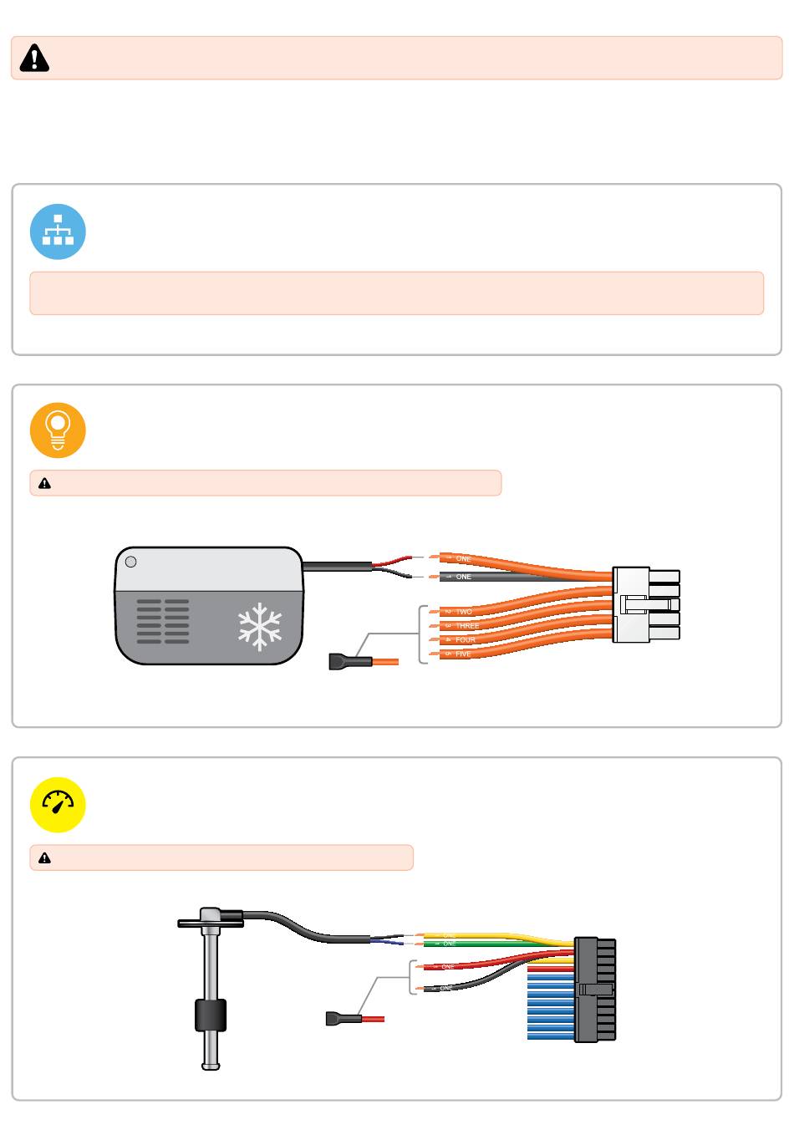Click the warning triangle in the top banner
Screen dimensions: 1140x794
tap(34, 58)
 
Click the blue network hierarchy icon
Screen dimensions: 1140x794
tap(58, 232)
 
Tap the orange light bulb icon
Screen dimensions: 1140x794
tap(58, 430)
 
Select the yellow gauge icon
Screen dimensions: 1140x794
tap(58, 805)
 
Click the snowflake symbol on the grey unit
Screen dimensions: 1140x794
tap(260, 628)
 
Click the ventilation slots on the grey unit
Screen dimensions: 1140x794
tap(163, 621)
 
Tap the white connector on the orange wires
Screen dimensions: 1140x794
tap(645, 604)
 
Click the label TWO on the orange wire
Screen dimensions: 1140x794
tap(464, 612)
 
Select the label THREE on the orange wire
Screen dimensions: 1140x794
tap(467, 626)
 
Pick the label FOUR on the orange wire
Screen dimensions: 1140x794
tap(466, 640)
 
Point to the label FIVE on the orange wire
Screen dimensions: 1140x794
tap(463, 654)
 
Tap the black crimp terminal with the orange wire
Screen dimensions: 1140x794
tap(349, 663)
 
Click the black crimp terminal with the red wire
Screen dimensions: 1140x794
tap(343, 1019)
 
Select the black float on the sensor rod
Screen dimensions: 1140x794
tap(211, 1015)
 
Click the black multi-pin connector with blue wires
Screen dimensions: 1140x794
tap(595, 990)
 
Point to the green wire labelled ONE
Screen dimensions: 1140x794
tap(485, 944)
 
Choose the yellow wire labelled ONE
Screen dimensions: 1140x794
tap(485, 935)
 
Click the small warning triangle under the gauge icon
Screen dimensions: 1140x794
tap(45, 858)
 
